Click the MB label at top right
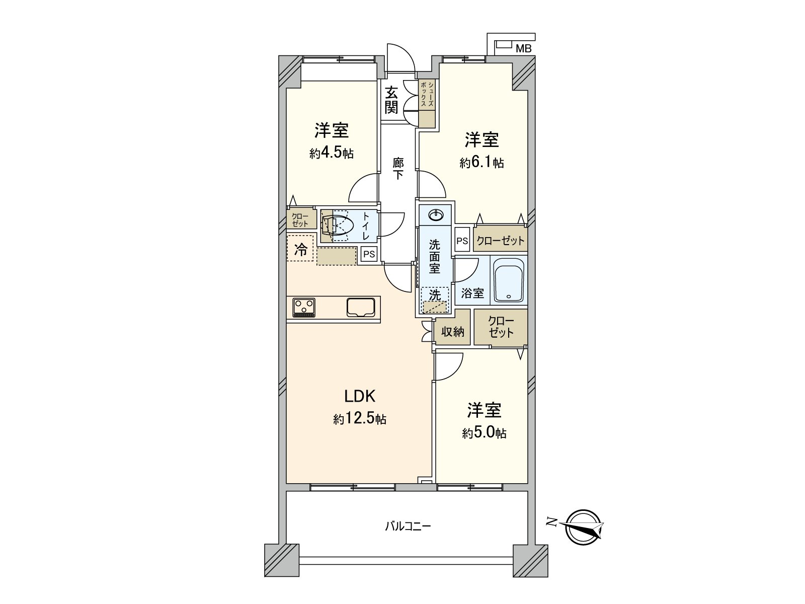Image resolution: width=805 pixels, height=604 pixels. pyautogui.click(x=524, y=49)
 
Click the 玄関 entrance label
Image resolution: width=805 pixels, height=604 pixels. pyautogui.click(x=391, y=100)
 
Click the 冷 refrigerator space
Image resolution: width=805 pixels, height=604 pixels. pyautogui.click(x=300, y=249)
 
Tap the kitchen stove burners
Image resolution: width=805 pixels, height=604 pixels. pyautogui.click(x=304, y=307)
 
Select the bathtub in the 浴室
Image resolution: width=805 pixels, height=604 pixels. pyautogui.click(x=509, y=280)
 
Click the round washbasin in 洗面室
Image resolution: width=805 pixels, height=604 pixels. pyautogui.click(x=435, y=215)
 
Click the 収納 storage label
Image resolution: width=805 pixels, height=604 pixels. pyautogui.click(x=452, y=332)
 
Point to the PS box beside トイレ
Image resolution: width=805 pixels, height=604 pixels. pyautogui.click(x=369, y=254)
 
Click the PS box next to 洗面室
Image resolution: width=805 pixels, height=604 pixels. pyautogui.click(x=462, y=241)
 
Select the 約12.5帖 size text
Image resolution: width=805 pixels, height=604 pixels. pyautogui.click(x=360, y=419)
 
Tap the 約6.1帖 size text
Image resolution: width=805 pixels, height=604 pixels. pyautogui.click(x=481, y=162)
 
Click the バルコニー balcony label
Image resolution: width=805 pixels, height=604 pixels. pyautogui.click(x=408, y=527)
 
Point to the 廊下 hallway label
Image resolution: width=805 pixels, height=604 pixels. pyautogui.click(x=398, y=169)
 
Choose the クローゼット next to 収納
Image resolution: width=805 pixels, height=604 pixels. pyautogui.click(x=501, y=327)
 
